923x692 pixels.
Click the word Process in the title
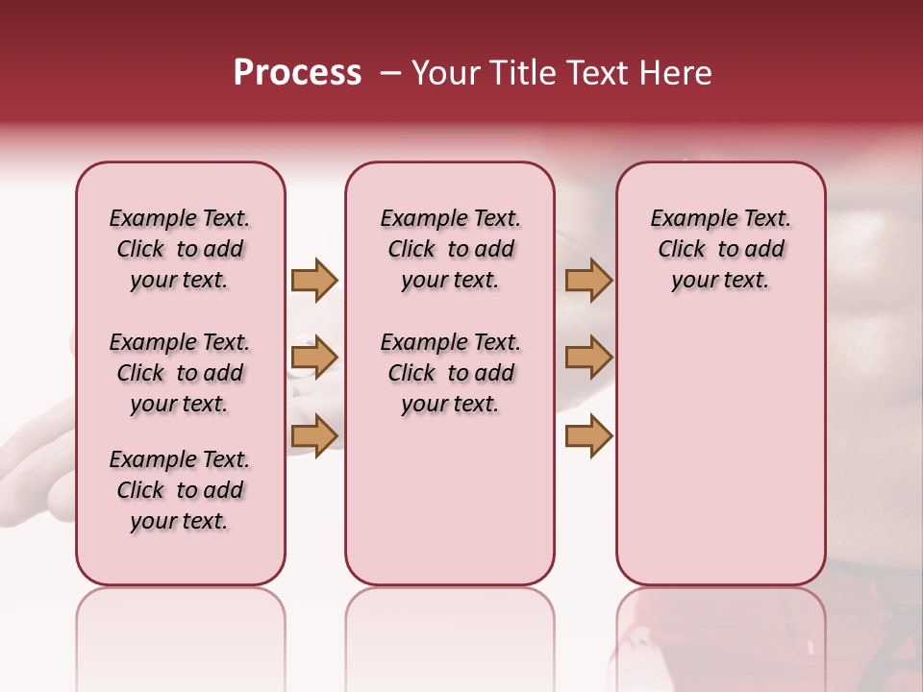(297, 73)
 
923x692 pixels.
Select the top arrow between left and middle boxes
(314, 280)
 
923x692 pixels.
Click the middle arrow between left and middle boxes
(314, 358)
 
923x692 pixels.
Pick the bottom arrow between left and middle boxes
(314, 435)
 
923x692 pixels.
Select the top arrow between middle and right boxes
(588, 280)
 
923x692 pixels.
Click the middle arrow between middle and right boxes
(588, 358)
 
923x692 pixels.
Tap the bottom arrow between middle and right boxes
(588, 435)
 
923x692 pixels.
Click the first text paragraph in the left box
(180, 249)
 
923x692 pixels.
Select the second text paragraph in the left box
(180, 373)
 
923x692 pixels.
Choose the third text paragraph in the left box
(180, 490)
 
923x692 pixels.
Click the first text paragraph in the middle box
(450, 249)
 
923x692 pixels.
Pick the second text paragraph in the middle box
(450, 373)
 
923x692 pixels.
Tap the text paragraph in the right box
(720, 249)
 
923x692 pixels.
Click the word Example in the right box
(686, 219)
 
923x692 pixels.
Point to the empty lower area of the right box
(720, 452)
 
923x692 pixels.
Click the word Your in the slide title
(445, 73)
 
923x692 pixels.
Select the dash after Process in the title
(389, 73)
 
